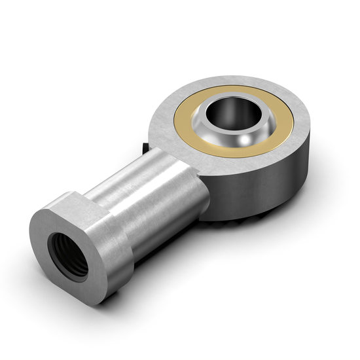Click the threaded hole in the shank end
pos(67,248)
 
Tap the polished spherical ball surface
pos(216,141)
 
